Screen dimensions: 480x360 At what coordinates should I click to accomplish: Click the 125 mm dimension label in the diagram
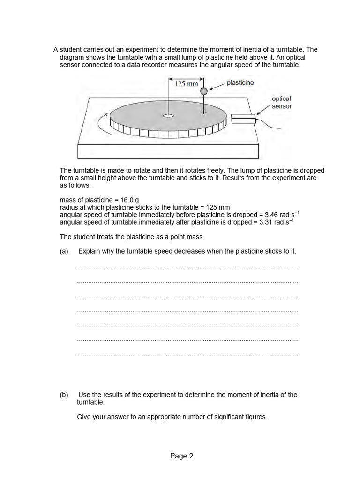186,84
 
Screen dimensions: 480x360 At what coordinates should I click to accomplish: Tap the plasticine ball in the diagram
203,91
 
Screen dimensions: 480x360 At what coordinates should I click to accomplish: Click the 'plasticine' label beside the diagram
240,83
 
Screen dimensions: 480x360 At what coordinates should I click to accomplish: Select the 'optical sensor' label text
281,102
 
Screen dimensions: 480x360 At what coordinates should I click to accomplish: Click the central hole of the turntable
168,115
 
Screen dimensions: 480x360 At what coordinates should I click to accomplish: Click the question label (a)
64,251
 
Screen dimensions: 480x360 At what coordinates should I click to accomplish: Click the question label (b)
64,395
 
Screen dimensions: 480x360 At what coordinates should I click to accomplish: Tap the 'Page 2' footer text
181,456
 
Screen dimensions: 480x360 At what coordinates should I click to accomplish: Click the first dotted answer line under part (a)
187,268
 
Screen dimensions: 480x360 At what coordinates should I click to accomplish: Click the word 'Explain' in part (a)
89,251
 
